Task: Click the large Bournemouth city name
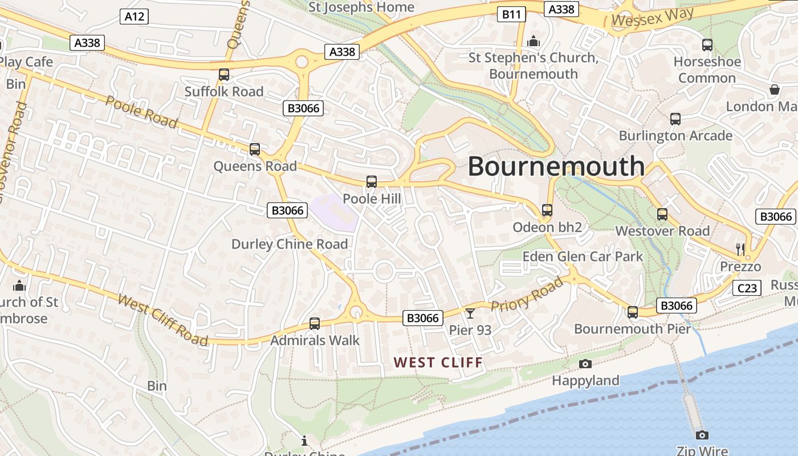pos(556,166)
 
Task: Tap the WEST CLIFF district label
pos(438,363)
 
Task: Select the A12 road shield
pos(135,17)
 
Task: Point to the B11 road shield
pos(511,14)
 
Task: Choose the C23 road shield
pos(746,288)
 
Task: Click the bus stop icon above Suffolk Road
pos(224,75)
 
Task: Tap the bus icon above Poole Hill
pos(372,182)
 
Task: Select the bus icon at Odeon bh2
pos(547,210)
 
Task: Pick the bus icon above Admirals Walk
pos(314,324)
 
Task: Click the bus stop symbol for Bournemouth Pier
pos(633,312)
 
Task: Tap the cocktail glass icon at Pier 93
pos(470,313)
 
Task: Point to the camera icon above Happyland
pos(585,364)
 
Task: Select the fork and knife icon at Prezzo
pos(740,249)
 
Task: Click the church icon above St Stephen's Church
pos(534,41)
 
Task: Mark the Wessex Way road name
pos(652,17)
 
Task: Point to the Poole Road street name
pos(142,112)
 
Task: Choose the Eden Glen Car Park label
pos(583,256)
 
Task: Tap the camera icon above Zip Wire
pos(702,435)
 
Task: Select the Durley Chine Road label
pos(289,244)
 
